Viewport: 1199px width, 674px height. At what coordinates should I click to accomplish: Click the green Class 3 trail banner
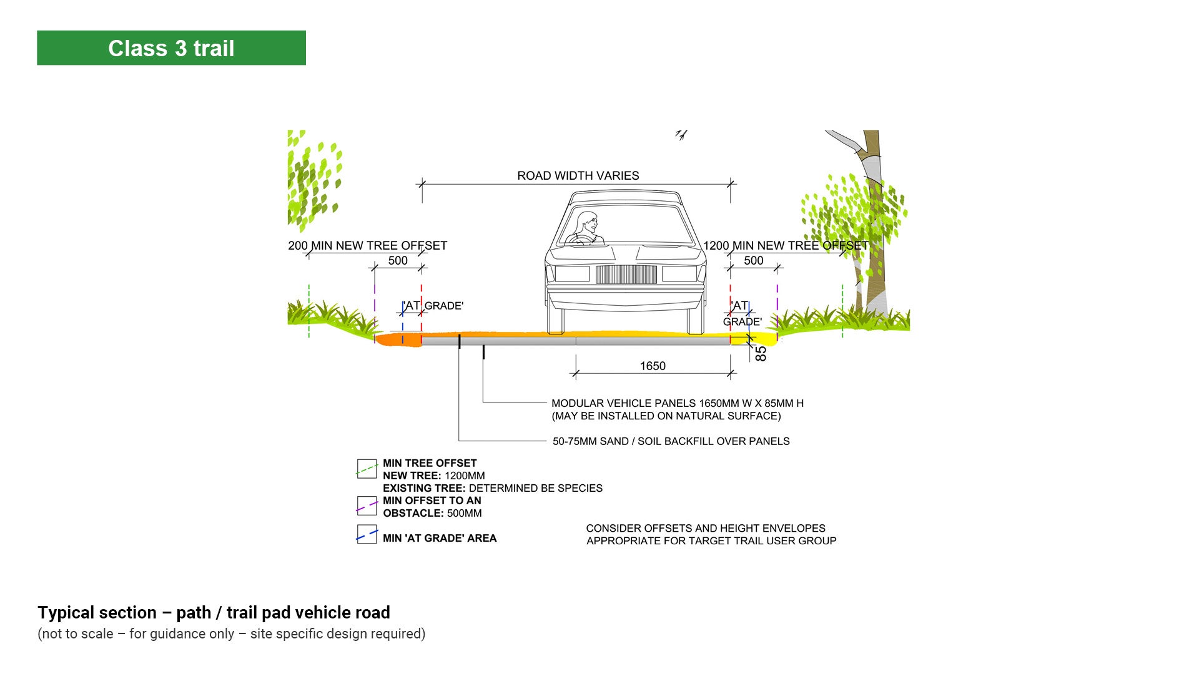(x=171, y=48)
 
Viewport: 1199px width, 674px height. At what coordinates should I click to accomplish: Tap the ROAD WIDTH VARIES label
(x=578, y=176)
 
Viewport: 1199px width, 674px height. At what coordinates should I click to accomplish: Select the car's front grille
(x=626, y=275)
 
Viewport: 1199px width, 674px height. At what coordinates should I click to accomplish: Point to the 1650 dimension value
(x=653, y=366)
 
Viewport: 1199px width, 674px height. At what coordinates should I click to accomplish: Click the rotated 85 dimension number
(x=761, y=354)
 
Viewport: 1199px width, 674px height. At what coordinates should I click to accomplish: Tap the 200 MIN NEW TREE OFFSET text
(x=367, y=246)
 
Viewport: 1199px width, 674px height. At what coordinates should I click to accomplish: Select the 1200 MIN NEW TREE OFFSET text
(x=786, y=246)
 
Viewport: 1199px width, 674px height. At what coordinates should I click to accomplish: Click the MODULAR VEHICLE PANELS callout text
(x=677, y=409)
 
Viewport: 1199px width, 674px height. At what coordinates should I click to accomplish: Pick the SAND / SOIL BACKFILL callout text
(x=671, y=441)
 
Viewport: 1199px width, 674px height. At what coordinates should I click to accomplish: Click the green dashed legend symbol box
(x=367, y=469)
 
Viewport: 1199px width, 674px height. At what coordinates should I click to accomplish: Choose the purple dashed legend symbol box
(x=367, y=506)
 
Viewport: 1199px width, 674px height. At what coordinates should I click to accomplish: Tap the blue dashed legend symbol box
(x=367, y=535)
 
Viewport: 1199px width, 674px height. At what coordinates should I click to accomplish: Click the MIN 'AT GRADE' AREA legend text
(x=440, y=538)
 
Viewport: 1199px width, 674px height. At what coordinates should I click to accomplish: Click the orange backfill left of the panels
(x=397, y=339)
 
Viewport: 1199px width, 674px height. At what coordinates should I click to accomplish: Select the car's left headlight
(x=572, y=273)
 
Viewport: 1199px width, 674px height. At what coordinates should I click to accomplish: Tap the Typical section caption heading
(x=214, y=613)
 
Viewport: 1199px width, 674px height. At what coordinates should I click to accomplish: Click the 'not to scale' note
(x=231, y=634)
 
